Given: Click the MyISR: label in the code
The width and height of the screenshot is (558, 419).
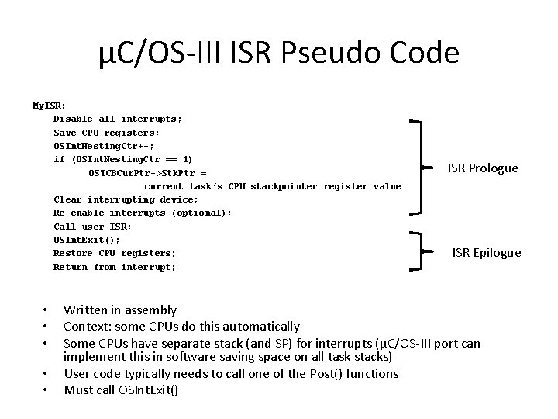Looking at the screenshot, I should [49, 105].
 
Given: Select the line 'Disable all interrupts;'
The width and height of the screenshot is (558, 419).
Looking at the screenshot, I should [118, 119].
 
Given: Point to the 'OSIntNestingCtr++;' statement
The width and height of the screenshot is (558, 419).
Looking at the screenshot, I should [103, 146].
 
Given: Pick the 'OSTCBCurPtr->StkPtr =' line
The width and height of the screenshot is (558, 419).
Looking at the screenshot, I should [146, 172].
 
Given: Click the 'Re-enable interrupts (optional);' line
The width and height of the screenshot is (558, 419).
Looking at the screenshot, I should [142, 213].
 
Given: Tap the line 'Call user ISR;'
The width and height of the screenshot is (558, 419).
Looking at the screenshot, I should [92, 227].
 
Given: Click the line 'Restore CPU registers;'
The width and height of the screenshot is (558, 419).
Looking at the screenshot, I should [114, 253].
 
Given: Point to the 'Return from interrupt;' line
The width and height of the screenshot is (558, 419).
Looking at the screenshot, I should [114, 267].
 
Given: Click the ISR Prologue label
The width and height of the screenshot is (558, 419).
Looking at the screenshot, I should [483, 168].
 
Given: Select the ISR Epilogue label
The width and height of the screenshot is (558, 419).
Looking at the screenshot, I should [487, 253].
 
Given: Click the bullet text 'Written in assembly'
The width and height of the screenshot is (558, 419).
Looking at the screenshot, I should [120, 310].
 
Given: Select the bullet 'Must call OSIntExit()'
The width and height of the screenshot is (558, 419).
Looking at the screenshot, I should [121, 390].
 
